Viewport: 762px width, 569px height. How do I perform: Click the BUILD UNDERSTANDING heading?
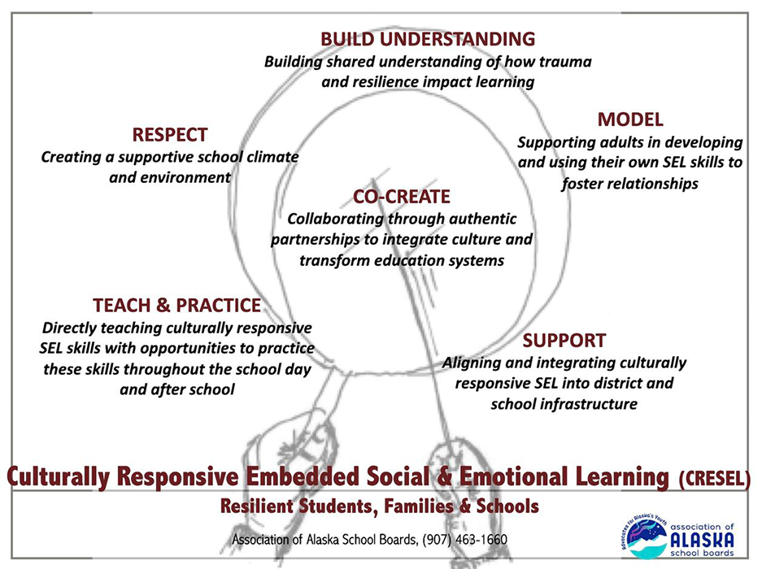click(x=428, y=39)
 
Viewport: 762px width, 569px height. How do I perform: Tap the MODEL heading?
click(x=630, y=119)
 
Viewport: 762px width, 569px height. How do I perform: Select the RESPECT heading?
click(x=170, y=135)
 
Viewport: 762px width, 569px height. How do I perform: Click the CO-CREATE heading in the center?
click(x=402, y=197)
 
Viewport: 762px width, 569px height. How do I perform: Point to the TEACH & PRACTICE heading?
click(x=177, y=305)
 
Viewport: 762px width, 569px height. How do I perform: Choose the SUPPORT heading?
click(x=564, y=341)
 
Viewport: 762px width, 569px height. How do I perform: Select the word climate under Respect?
click(x=272, y=157)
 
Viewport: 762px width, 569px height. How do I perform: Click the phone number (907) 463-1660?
click(x=464, y=540)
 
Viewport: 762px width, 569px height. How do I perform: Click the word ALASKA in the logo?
click(x=702, y=540)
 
